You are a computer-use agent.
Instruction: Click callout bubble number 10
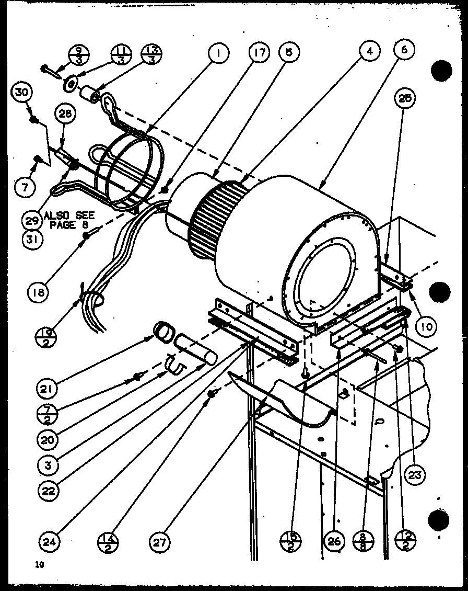(x=426, y=326)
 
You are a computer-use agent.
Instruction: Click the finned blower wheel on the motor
(x=216, y=220)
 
